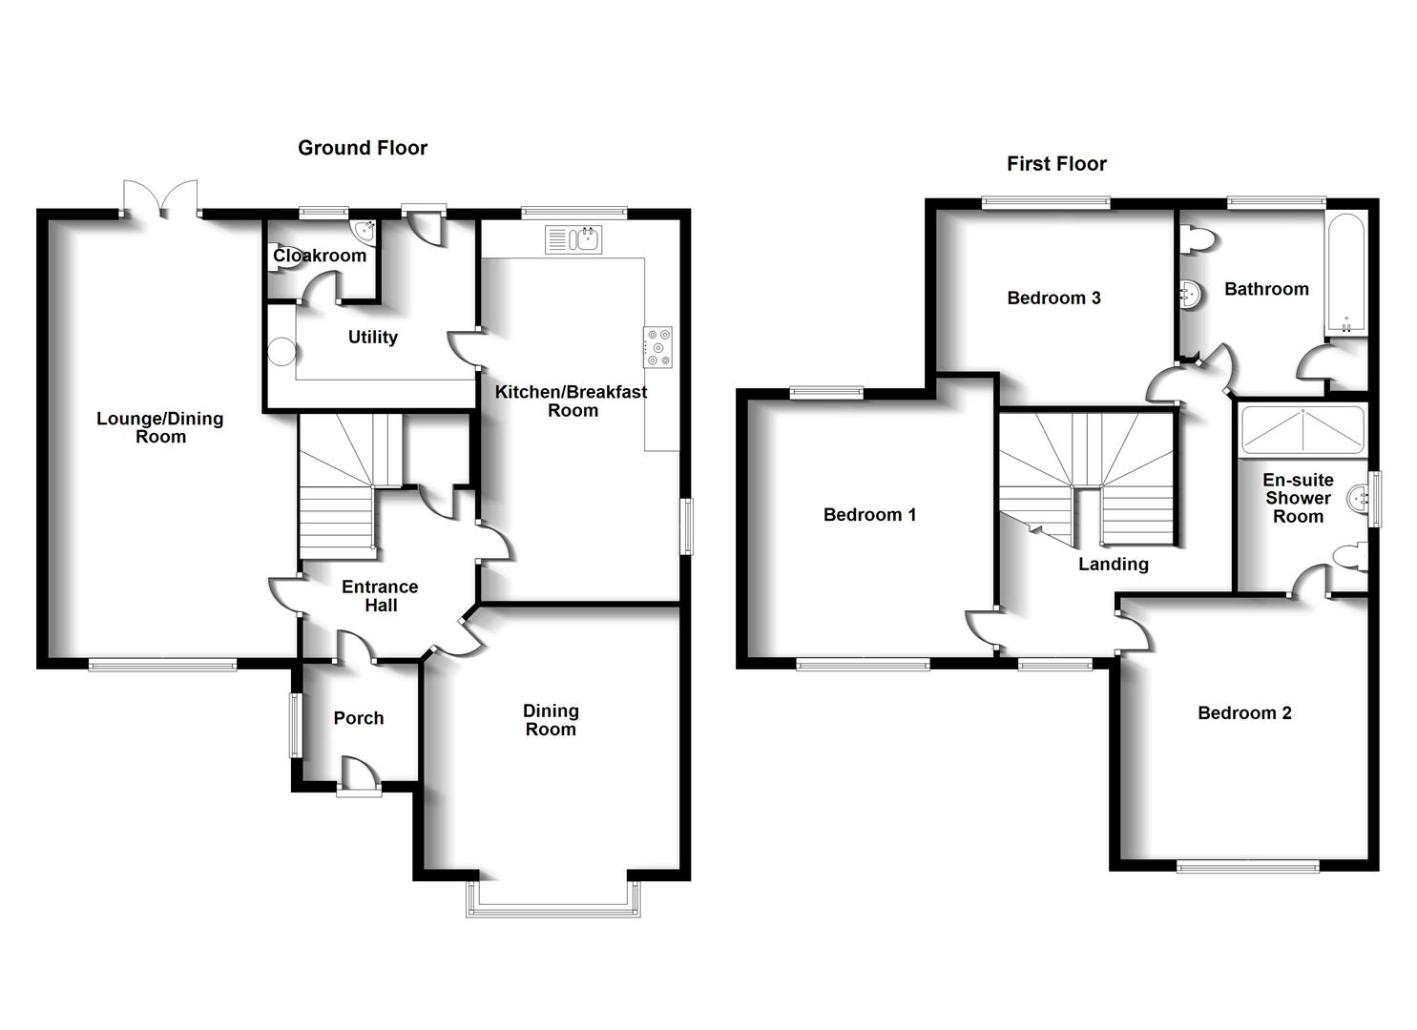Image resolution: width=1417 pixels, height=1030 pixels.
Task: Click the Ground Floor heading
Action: tap(363, 148)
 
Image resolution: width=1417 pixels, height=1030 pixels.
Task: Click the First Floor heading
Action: tap(1056, 164)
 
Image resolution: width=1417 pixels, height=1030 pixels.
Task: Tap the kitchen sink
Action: tap(573, 239)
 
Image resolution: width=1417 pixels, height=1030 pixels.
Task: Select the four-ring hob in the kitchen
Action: tap(657, 346)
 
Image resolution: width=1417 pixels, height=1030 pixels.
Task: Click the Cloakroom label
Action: tap(320, 256)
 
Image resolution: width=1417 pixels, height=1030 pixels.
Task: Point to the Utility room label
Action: tap(372, 337)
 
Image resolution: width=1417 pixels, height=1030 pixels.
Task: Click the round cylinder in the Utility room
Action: tap(282, 352)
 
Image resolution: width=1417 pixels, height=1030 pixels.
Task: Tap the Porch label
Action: tap(359, 718)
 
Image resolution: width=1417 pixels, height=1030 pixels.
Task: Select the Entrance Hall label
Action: tap(380, 596)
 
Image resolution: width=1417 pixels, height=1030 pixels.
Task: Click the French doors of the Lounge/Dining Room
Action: tap(160, 199)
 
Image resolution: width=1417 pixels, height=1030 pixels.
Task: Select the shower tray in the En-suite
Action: tap(1302, 430)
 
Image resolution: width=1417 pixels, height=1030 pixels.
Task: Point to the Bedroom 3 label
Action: tap(1053, 299)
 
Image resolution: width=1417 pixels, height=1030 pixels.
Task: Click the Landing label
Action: tap(1113, 565)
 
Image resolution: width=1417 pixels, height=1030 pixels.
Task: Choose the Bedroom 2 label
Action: tap(1244, 713)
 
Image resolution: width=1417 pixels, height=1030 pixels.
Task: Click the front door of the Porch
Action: tap(358, 775)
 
